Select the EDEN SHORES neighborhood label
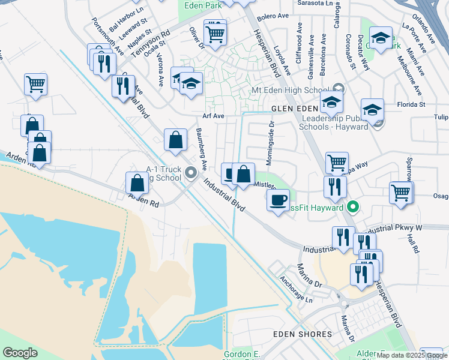[x=302, y=334]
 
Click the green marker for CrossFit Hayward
[x=353, y=208]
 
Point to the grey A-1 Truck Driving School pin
[x=191, y=173]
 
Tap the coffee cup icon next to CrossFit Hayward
[x=278, y=200]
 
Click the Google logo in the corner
[x=20, y=353]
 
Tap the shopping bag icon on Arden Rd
[x=137, y=183]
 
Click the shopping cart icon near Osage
[x=401, y=193]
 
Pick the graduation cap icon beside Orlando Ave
[x=380, y=38]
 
